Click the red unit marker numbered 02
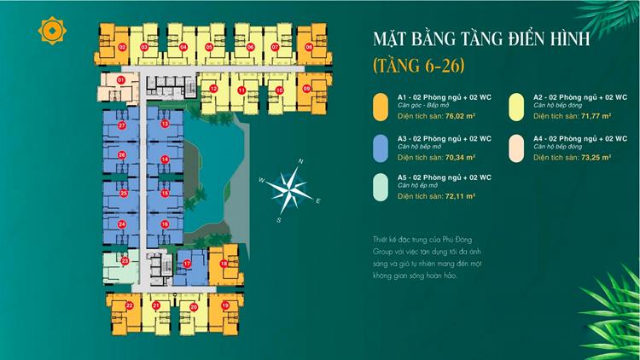pos(123,47)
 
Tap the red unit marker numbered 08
pos(309,47)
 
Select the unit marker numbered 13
pos(165,125)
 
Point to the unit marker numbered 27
pos(123,125)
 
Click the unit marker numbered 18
pos(224,264)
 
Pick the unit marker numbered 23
pos(124,260)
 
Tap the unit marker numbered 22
pos(128,305)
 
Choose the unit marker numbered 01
pos(121,79)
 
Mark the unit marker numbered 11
pos(242,90)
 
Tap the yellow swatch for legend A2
pos(515,105)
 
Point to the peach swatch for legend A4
pos(515,146)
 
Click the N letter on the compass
pos(300,160)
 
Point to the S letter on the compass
pos(278,219)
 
